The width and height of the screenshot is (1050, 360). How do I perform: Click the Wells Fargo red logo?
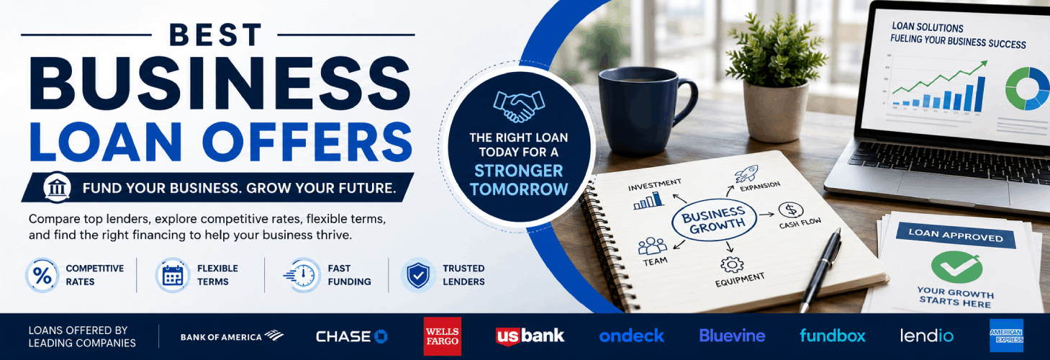click(442, 336)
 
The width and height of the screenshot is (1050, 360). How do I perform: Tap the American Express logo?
click(1006, 336)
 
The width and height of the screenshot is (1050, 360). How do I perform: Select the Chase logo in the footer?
click(352, 336)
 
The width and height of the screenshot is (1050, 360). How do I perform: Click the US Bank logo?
click(530, 336)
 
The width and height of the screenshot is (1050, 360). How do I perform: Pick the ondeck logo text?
click(631, 336)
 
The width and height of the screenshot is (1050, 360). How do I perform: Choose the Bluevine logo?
click(732, 336)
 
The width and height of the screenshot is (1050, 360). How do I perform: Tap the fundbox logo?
click(833, 336)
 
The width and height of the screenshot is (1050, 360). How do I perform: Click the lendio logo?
click(926, 336)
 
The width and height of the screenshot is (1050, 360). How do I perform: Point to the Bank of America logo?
click(232, 336)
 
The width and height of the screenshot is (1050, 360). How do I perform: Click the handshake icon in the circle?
click(519, 106)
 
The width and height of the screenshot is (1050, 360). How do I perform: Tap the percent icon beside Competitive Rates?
click(42, 275)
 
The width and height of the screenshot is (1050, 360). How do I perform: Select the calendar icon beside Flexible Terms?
click(173, 275)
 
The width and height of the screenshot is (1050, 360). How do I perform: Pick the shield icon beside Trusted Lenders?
click(418, 275)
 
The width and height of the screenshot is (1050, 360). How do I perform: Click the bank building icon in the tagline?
click(57, 187)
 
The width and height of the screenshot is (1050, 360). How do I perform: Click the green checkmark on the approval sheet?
click(956, 266)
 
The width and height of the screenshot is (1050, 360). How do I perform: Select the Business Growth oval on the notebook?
click(714, 219)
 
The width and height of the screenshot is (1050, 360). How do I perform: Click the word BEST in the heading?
click(215, 35)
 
